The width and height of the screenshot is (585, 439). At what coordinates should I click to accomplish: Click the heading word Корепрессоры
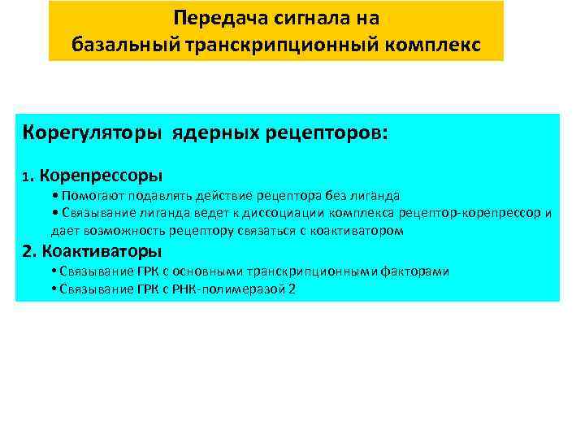click(100, 175)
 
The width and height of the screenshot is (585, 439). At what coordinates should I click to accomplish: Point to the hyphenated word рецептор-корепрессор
click(476, 213)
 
